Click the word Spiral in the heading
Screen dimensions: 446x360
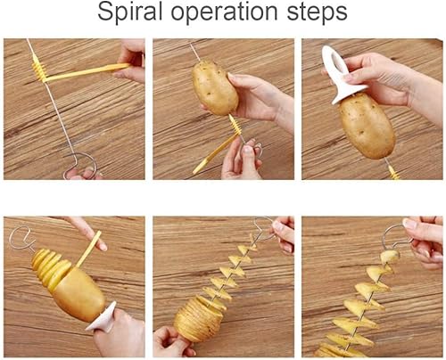(x=129, y=12)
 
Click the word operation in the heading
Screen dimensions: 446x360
(x=224, y=12)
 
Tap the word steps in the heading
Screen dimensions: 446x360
(x=318, y=12)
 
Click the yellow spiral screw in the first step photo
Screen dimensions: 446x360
(x=39, y=70)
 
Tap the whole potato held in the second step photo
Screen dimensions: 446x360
(x=214, y=87)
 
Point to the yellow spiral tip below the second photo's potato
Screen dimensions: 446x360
(x=234, y=126)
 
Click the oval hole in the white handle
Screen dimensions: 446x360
(x=335, y=61)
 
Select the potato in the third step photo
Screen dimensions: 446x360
(x=367, y=126)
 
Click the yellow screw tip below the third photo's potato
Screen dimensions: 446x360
(x=394, y=172)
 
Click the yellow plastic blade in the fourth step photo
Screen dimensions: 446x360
(x=89, y=249)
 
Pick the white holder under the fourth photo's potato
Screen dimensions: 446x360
(x=103, y=317)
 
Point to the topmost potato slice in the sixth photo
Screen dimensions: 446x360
(x=390, y=256)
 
